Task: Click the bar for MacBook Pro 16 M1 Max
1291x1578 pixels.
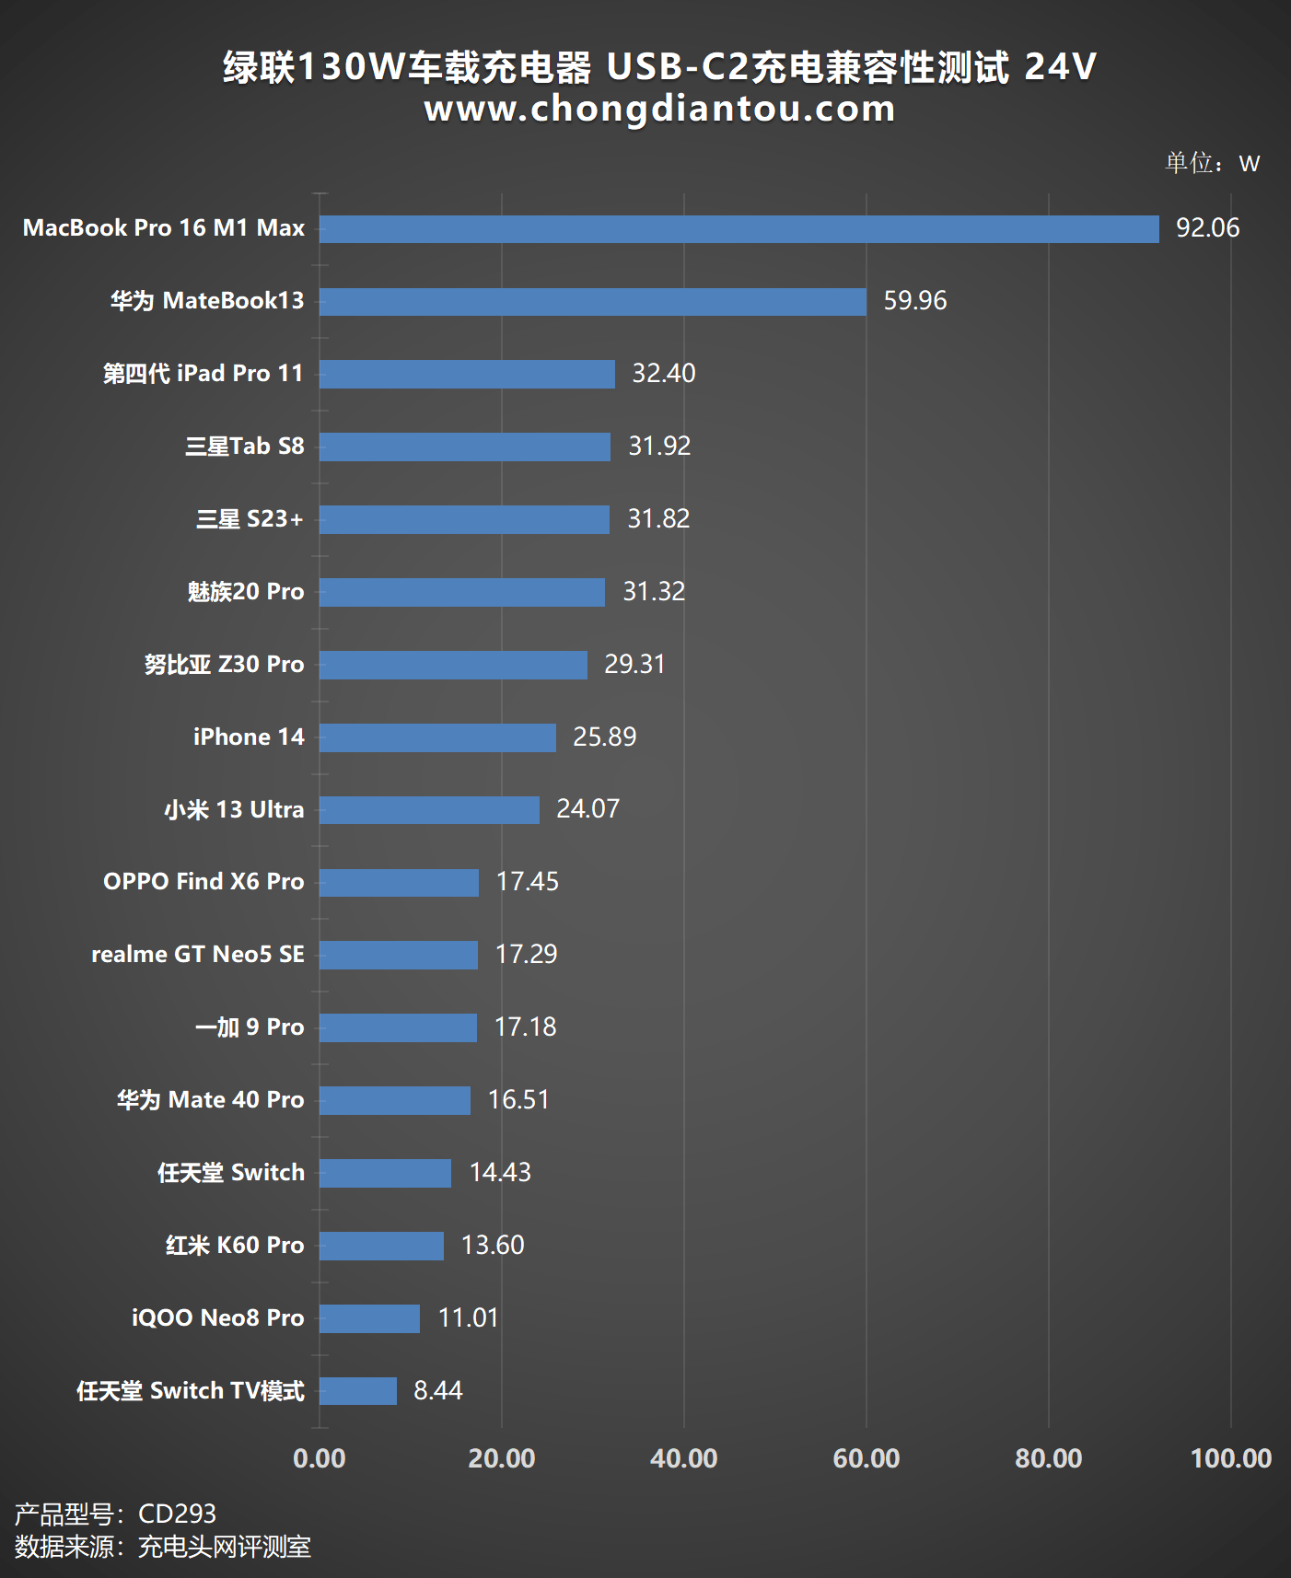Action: point(739,229)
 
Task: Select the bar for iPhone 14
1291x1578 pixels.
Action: point(437,737)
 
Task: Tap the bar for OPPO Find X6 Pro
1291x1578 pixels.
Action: point(399,883)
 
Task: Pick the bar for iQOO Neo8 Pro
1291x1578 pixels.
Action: point(369,1318)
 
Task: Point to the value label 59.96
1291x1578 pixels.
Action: point(914,301)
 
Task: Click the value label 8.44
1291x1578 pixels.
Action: point(437,1390)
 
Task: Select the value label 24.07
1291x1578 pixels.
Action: point(587,809)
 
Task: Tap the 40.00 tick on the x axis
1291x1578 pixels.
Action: point(683,1458)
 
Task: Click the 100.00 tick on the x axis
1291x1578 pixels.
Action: point(1230,1458)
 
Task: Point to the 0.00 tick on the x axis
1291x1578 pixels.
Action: point(320,1458)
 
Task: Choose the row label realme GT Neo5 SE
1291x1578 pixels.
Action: point(198,955)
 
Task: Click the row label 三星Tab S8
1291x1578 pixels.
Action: point(244,447)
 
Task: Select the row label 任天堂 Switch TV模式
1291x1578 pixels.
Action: point(191,1390)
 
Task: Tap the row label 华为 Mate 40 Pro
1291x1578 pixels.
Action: point(210,1100)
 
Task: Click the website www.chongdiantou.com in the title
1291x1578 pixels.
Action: point(659,109)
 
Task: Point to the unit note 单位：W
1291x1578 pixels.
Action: point(1212,163)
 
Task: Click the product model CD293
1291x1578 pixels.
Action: point(177,1514)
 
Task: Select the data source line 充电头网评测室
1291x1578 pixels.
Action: point(224,1547)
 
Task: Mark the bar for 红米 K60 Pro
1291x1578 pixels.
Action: point(381,1246)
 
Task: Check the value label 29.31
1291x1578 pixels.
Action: point(634,665)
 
